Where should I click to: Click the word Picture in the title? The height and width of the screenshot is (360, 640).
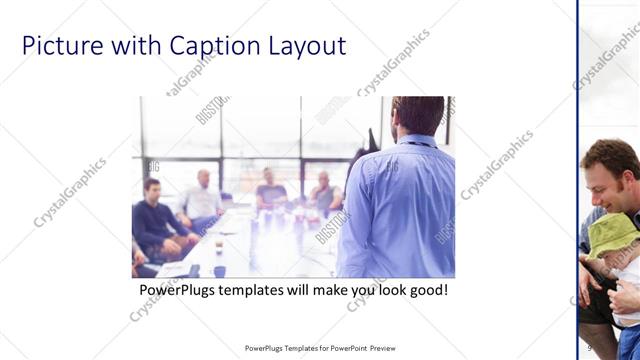point(61,46)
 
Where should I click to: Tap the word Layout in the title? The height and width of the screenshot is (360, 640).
point(306,46)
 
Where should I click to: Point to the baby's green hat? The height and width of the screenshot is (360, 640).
point(612,235)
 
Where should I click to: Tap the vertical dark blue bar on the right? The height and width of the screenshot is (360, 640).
point(578,180)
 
